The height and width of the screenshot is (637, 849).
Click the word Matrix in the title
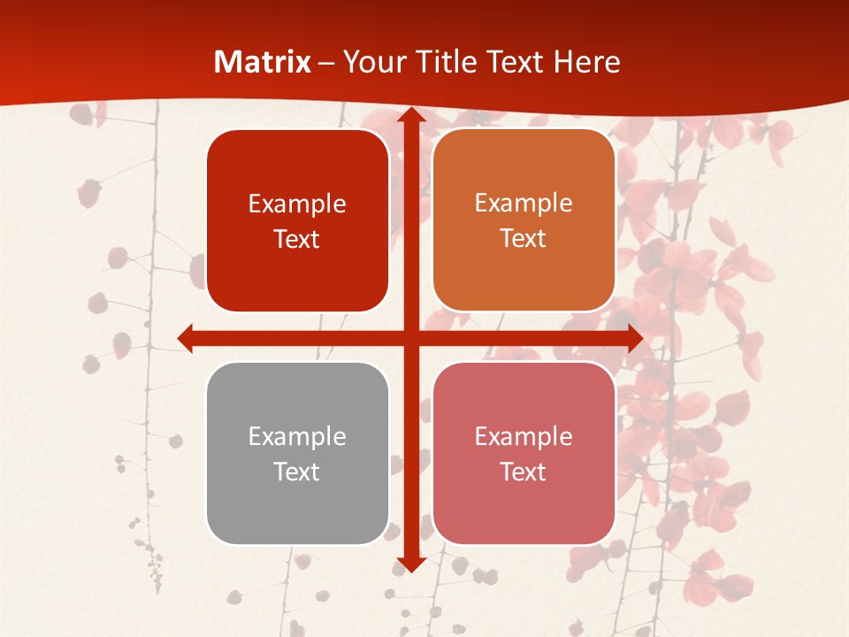tap(263, 62)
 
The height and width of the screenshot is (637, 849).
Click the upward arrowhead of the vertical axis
tap(411, 115)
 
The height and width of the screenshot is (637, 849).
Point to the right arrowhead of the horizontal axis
tap(634, 338)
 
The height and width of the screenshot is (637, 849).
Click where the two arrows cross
tap(411, 338)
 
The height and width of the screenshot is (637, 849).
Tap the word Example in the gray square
tap(297, 436)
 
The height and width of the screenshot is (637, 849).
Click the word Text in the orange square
tap(524, 239)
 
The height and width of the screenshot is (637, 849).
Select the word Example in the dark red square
tap(297, 204)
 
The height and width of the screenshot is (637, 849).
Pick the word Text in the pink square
tap(524, 472)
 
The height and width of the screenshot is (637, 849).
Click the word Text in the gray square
tap(297, 472)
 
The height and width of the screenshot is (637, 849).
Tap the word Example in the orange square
tap(524, 203)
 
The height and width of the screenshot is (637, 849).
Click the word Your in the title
tap(370, 62)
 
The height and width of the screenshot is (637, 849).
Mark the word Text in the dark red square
tap(297, 240)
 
